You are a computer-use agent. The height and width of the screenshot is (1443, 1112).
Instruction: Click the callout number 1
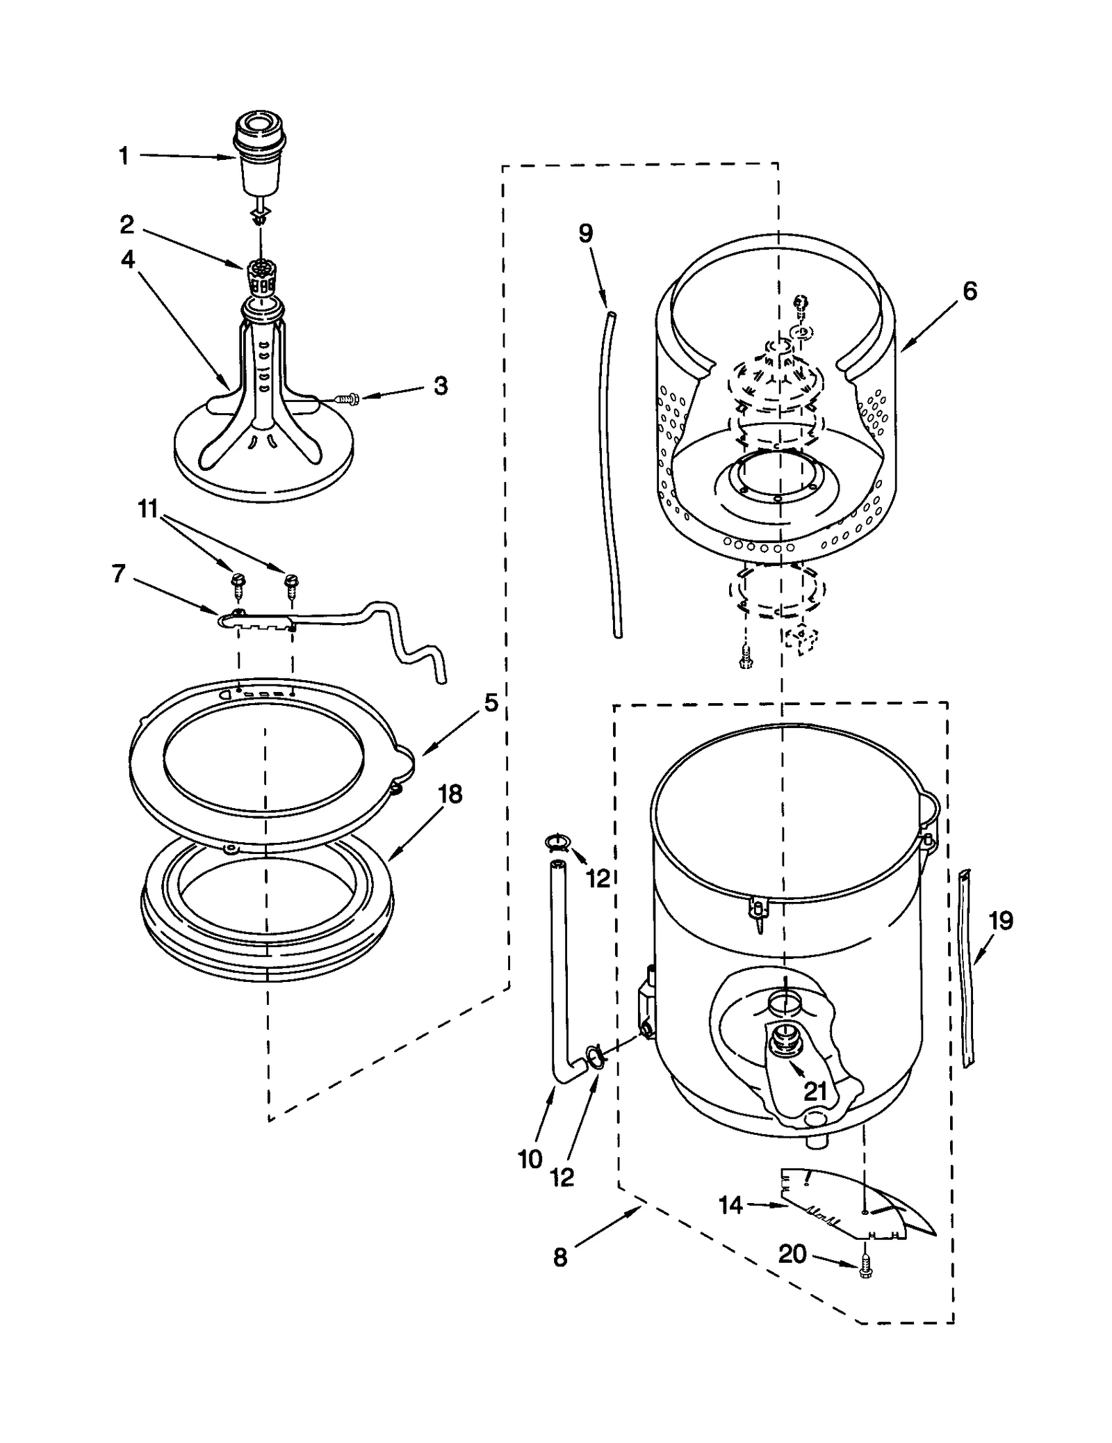tap(123, 156)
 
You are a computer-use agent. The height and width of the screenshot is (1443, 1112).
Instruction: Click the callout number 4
tap(128, 259)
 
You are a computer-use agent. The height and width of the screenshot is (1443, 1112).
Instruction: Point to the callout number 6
tap(970, 291)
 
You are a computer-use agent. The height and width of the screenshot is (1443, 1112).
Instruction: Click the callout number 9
tap(586, 233)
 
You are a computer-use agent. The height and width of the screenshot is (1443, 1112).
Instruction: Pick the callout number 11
tap(148, 509)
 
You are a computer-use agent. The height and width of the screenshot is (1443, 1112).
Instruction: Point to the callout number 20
tap(792, 1254)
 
